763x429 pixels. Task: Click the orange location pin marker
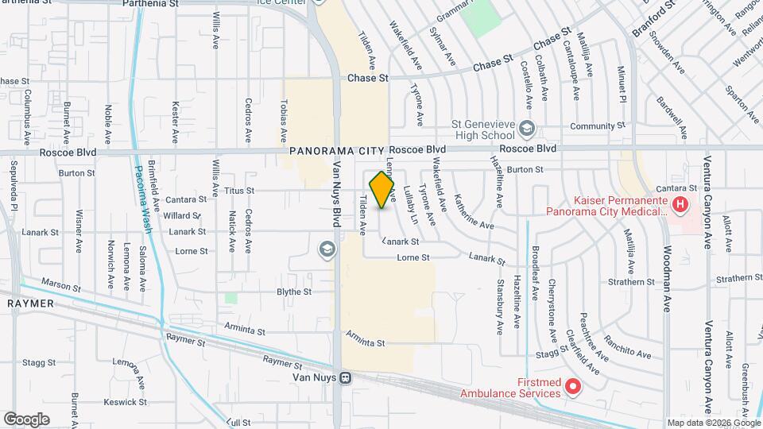click(x=382, y=191)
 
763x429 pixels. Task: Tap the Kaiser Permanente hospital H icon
click(x=680, y=205)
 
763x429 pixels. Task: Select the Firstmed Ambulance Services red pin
click(x=572, y=387)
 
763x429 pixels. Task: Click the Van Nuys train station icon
click(x=345, y=378)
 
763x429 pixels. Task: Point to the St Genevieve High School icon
click(x=526, y=129)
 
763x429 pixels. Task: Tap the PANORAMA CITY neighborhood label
click(x=337, y=150)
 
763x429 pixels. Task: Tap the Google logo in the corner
click(x=26, y=419)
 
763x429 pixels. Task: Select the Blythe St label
click(x=294, y=292)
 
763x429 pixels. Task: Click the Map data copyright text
click(x=713, y=423)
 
